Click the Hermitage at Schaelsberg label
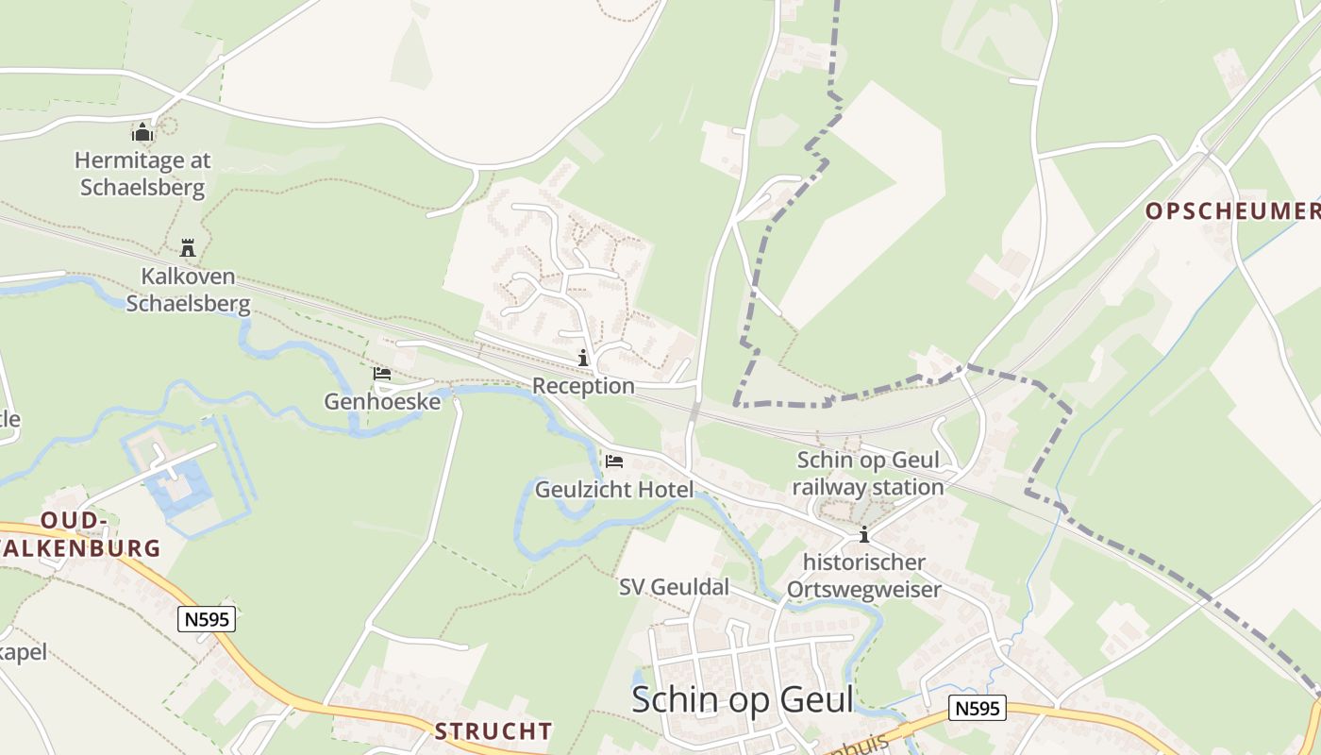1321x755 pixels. click(x=142, y=174)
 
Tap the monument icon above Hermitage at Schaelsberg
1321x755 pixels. click(x=142, y=132)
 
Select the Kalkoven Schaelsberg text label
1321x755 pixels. click(x=188, y=291)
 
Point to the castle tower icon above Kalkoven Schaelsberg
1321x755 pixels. click(x=188, y=248)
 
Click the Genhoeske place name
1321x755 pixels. click(x=382, y=401)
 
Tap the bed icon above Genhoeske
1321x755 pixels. click(x=382, y=375)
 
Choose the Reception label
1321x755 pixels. click(x=583, y=386)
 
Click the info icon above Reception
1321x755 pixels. click(x=583, y=359)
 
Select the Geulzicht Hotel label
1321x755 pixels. click(x=614, y=489)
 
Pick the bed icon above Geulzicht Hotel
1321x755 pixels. click(x=614, y=461)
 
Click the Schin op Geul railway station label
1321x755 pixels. click(x=868, y=474)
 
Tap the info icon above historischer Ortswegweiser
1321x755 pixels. click(x=863, y=535)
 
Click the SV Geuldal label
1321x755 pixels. click(x=674, y=587)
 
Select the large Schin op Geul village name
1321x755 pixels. click(x=742, y=699)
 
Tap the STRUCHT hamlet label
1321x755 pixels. click(x=493, y=730)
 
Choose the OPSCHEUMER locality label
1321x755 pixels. click(x=1232, y=211)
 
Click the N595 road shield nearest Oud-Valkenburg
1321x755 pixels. click(x=207, y=619)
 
